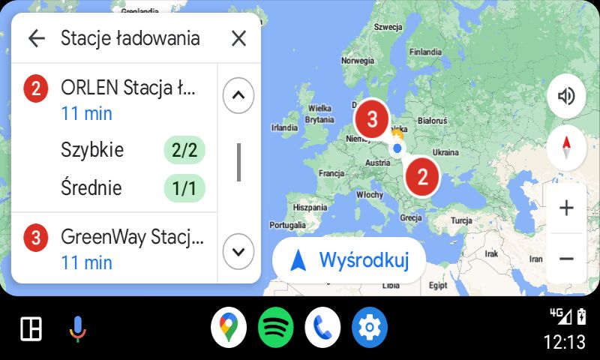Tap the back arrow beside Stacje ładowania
point(36,38)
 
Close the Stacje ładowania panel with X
point(238,38)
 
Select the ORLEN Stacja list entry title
point(127,88)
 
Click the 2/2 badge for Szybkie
point(184,150)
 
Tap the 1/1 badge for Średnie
point(184,188)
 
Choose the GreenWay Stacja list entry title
point(132,238)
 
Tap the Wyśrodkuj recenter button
point(349,260)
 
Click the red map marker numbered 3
point(371,118)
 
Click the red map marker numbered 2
point(422,176)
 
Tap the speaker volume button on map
point(566,96)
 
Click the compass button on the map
point(566,148)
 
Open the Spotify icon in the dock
point(276,328)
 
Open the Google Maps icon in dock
point(229,328)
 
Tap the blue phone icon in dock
point(323,328)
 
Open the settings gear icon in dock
point(370,328)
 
